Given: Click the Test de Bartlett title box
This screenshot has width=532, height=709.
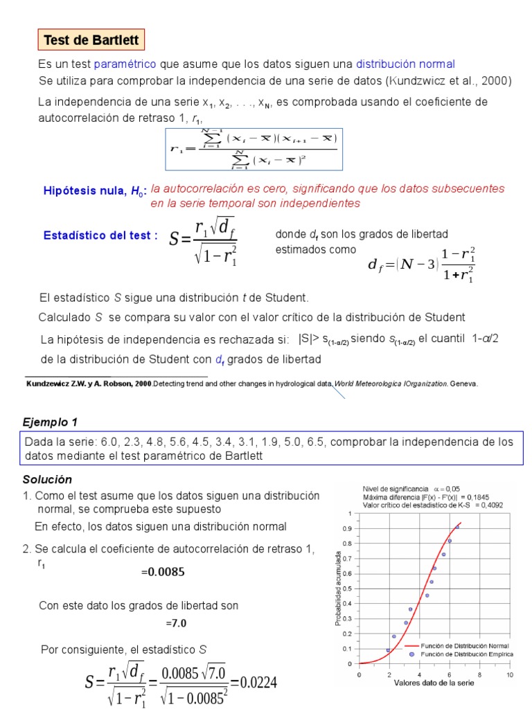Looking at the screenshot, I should pyautogui.click(x=91, y=40).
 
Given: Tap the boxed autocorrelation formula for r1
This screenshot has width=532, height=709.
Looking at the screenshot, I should pyautogui.click(x=254, y=148).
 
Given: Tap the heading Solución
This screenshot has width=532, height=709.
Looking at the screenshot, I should pyautogui.click(x=47, y=480).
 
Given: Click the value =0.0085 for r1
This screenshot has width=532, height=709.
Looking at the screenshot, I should pyautogui.click(x=163, y=573).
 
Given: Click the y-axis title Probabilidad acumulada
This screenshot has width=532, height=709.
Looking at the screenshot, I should pyautogui.click(x=337, y=589).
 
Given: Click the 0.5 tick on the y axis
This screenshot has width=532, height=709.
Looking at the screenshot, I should pyautogui.click(x=348, y=589).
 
